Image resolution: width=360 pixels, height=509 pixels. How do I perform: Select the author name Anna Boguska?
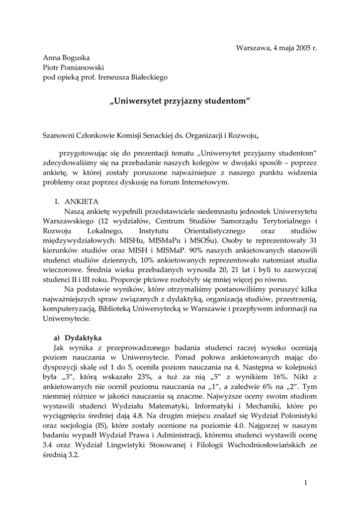tap(66, 58)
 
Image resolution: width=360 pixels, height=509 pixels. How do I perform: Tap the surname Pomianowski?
tap(84, 68)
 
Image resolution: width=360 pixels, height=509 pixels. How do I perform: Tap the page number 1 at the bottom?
tap(306, 483)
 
